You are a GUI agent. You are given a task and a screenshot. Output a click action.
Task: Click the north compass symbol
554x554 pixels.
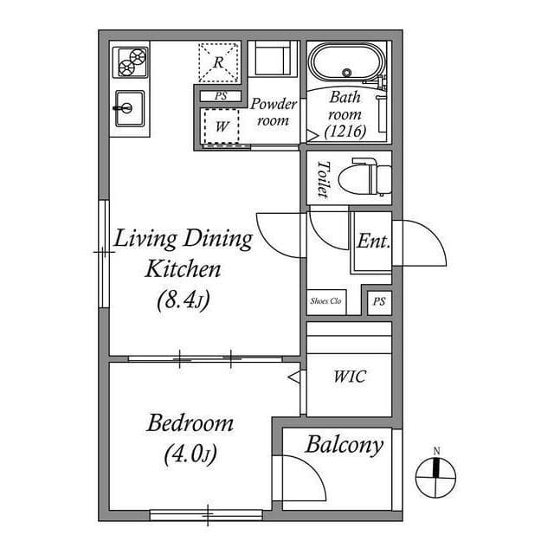click(437, 472)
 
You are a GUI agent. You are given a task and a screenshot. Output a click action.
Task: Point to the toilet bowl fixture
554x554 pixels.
click(363, 178)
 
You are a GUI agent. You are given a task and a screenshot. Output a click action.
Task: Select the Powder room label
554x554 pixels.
click(274, 113)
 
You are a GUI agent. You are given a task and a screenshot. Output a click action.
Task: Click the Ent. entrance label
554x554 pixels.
click(372, 242)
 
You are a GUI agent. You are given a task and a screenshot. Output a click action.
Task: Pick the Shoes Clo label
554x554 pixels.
click(326, 301)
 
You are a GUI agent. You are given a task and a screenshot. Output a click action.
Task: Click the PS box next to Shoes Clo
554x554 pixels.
click(377, 301)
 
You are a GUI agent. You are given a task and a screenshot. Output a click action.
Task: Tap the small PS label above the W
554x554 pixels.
click(222, 96)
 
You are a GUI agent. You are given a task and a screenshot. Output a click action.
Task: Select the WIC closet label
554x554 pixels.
click(349, 377)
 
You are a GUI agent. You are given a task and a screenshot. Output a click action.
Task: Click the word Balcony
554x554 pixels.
click(344, 446)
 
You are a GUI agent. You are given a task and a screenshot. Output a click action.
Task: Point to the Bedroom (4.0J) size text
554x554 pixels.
click(190, 455)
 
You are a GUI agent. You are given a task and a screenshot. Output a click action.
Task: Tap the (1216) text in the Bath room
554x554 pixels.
click(346, 131)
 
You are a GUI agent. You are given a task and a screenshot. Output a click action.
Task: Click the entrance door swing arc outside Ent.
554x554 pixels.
click(424, 242)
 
